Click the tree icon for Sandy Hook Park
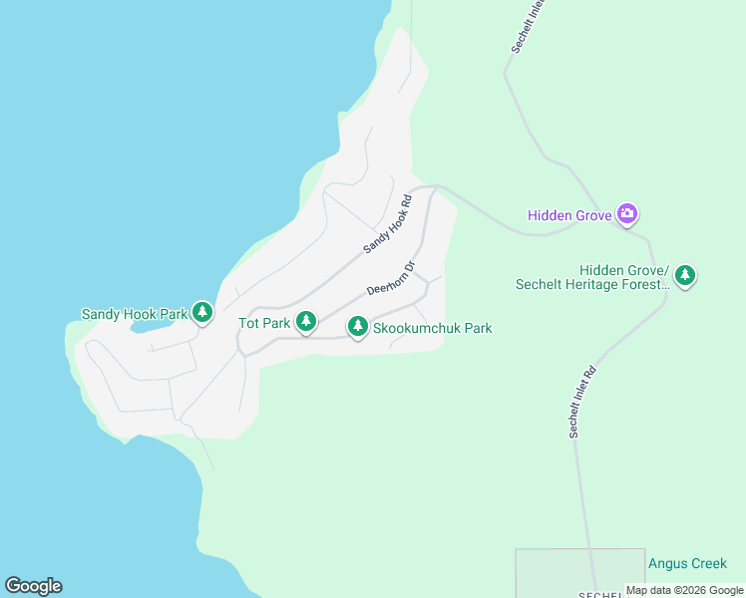(202, 313)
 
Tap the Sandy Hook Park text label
(134, 314)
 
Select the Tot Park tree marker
(307, 321)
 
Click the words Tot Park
(263, 323)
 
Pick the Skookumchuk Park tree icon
(357, 327)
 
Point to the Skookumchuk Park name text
(432, 328)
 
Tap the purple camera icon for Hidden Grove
(627, 212)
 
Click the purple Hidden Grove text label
(569, 214)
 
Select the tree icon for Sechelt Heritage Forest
(684, 274)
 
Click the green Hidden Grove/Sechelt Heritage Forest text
(592, 277)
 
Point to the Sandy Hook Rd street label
(387, 222)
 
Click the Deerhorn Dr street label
(390, 279)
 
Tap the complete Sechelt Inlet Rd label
(581, 402)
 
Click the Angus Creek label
(687, 563)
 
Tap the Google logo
(33, 586)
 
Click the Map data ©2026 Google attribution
(684, 590)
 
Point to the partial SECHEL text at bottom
(602, 594)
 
